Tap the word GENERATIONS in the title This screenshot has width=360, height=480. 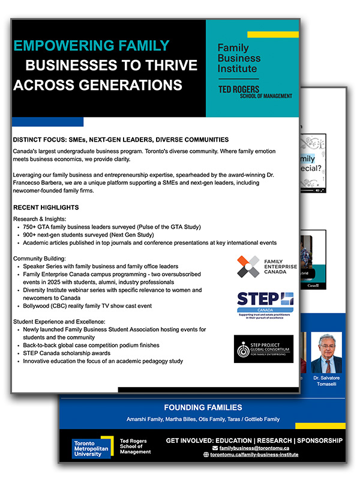click(x=134, y=83)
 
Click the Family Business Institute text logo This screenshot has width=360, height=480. click(x=239, y=58)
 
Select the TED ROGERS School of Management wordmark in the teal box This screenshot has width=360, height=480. click(x=254, y=92)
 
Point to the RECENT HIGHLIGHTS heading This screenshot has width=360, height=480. click(x=46, y=208)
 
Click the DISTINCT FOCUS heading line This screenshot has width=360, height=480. click(x=120, y=139)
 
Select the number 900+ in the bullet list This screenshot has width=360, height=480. click(x=32, y=235)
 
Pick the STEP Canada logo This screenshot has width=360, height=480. click(x=265, y=304)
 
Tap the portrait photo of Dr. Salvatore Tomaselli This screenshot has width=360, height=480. click(x=326, y=352)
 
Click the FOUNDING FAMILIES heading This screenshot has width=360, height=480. click(x=203, y=406)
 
